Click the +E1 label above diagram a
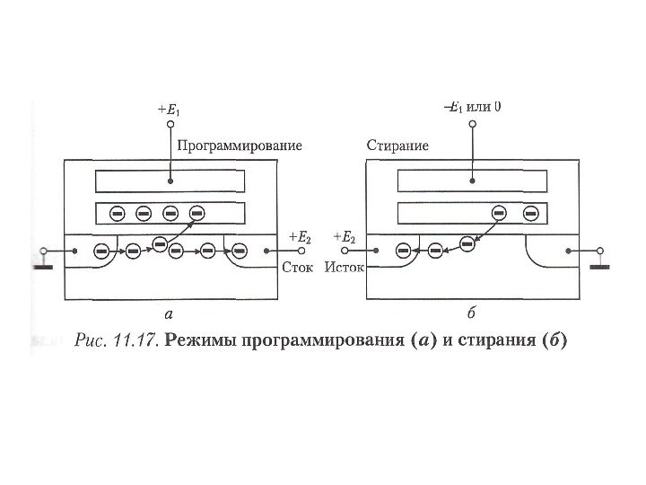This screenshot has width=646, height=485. [x=168, y=110]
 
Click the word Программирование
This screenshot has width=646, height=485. [x=239, y=145]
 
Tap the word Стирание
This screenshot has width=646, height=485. [x=397, y=145]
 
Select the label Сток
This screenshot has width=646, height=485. [x=298, y=268]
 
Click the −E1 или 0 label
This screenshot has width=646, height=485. [x=473, y=106]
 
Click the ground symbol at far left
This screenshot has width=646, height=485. [x=43, y=263]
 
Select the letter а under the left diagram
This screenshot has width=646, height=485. [x=168, y=314]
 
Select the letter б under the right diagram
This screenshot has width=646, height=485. [x=472, y=314]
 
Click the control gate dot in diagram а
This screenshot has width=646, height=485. [x=170, y=180]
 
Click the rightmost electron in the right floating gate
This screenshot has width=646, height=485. [x=531, y=214]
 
